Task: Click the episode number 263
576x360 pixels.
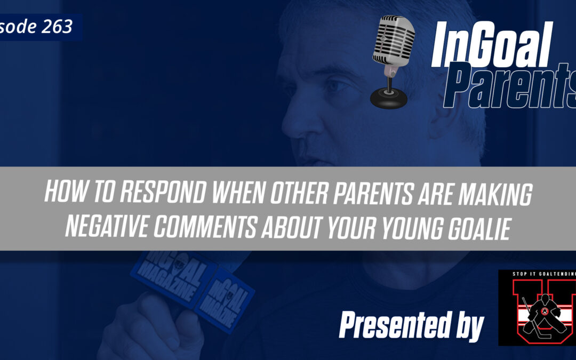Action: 57,27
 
